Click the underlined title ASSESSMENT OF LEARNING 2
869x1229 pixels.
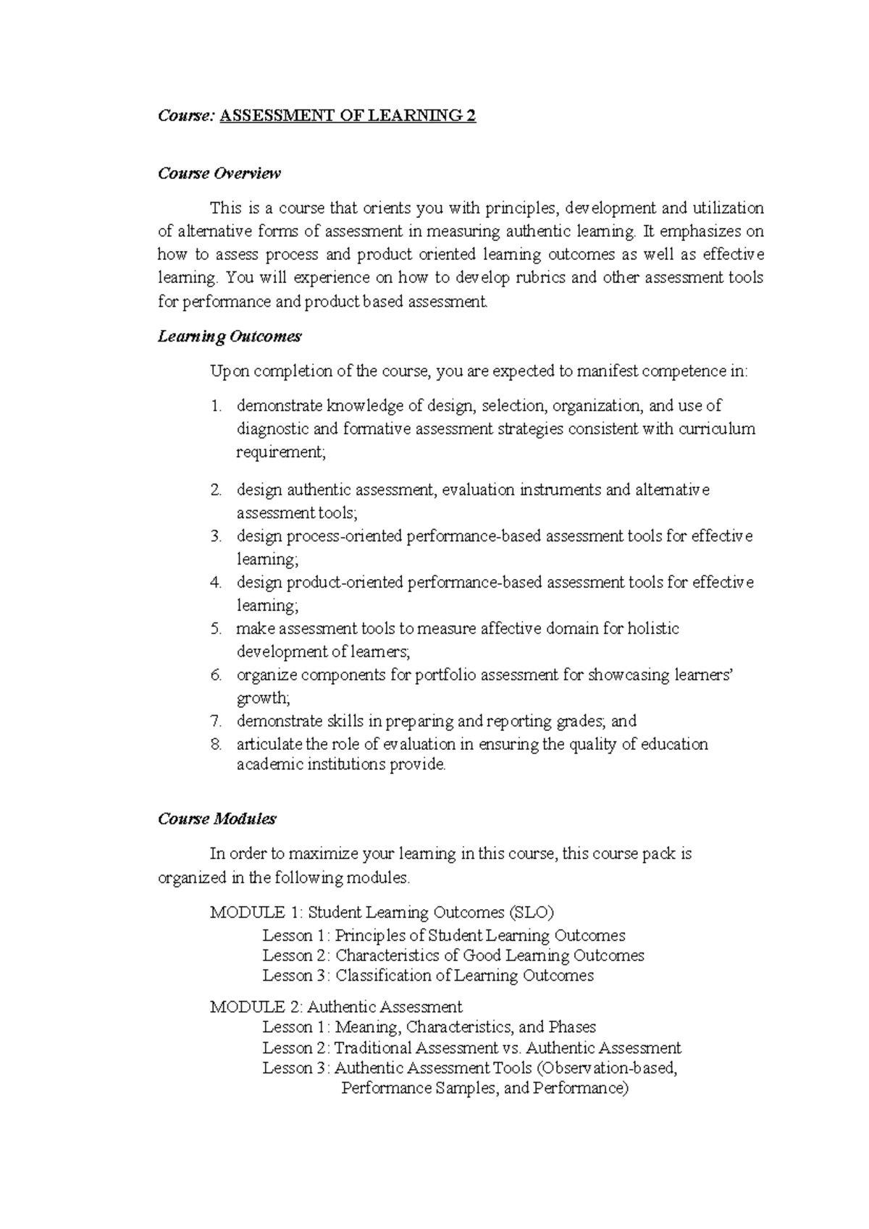[348, 116]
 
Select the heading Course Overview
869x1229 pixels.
[219, 174]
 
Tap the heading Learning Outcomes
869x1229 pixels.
[230, 337]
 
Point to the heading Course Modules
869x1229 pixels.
[217, 819]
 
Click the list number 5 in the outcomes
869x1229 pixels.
[216, 629]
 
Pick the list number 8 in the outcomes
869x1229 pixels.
[216, 745]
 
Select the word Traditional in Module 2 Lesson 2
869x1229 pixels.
[376, 1048]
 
